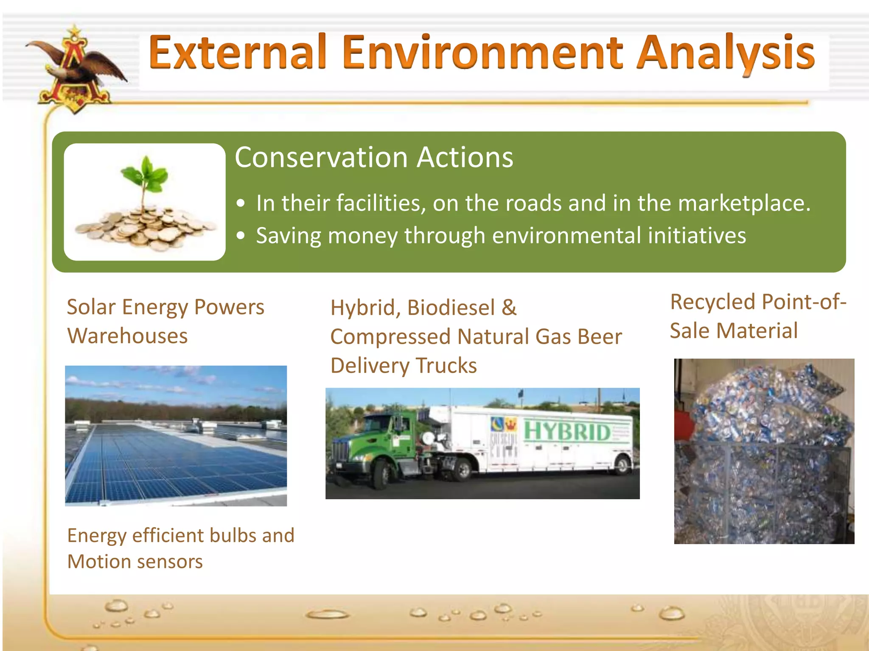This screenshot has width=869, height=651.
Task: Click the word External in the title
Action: pos(238,53)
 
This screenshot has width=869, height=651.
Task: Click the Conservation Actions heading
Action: pos(374,158)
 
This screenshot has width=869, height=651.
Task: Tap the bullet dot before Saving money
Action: pos(241,236)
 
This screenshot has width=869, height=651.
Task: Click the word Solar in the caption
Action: pos(91,307)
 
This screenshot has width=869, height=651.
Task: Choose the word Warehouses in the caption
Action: pos(127,337)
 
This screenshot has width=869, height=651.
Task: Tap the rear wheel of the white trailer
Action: pos(622,465)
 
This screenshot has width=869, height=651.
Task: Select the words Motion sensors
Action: pos(135,562)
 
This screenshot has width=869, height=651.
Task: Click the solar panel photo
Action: pos(176,436)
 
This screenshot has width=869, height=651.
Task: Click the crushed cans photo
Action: pos(764,451)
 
